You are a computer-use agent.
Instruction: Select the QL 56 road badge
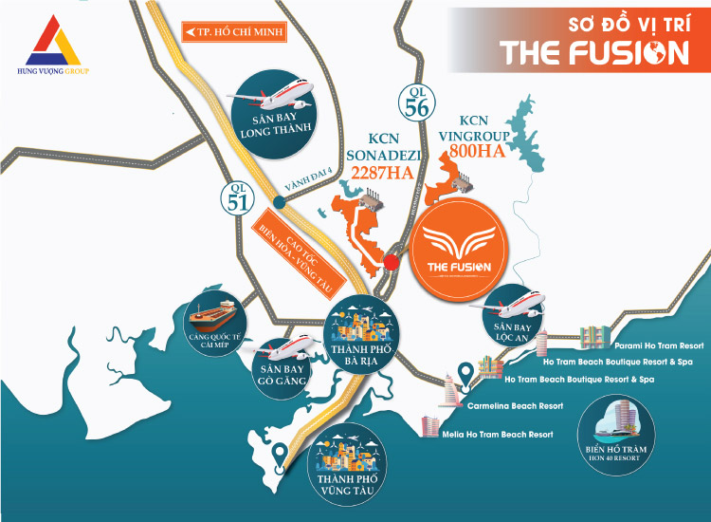(416, 99)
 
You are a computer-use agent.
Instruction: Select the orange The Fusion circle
(457, 251)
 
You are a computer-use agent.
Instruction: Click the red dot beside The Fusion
(391, 261)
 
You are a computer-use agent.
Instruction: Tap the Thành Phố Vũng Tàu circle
(347, 462)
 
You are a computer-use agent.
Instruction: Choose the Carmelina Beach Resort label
(516, 405)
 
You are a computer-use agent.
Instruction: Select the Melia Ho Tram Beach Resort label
(498, 434)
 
